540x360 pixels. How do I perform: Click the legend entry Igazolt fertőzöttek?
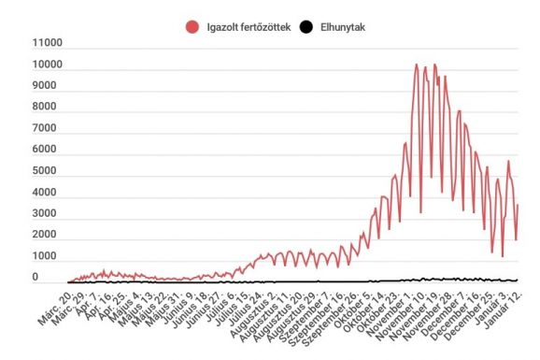click(x=243, y=27)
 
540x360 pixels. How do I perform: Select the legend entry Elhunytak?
click(x=333, y=27)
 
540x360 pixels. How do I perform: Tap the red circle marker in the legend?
click(x=192, y=27)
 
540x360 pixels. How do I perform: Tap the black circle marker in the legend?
click(x=305, y=27)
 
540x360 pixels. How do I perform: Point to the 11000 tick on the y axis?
click(x=47, y=43)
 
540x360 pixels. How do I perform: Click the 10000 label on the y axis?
click(x=47, y=65)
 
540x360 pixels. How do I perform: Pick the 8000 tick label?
click(x=50, y=108)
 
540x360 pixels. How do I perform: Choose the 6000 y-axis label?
click(x=50, y=150)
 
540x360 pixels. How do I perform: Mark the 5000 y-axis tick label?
click(x=50, y=171)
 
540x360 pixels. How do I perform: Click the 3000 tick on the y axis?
click(x=50, y=213)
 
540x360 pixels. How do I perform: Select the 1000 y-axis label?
click(x=50, y=256)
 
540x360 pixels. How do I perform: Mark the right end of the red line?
click(x=518, y=206)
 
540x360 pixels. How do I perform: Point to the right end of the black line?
click(x=518, y=280)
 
